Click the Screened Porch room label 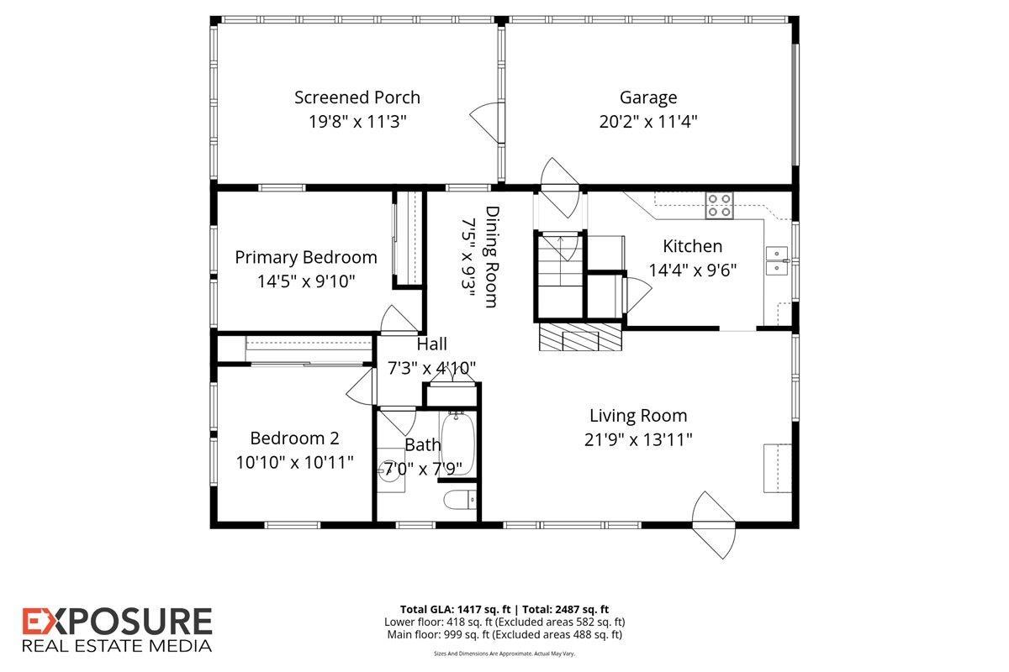coord(357,97)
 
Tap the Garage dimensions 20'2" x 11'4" coord(648,122)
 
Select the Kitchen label coord(692,246)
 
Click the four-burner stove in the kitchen coord(720,206)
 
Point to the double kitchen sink coord(777,260)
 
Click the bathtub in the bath coord(457,444)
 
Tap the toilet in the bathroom coord(460,500)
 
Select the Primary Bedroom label coord(306,257)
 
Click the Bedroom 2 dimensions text coord(294,462)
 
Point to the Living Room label coord(638,416)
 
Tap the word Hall coord(431,344)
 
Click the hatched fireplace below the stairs coord(581,337)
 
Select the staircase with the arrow coord(560,276)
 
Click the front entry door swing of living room coord(714,525)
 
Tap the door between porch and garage coord(487,123)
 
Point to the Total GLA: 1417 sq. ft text coord(456,610)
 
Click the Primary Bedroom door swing coord(399,320)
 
